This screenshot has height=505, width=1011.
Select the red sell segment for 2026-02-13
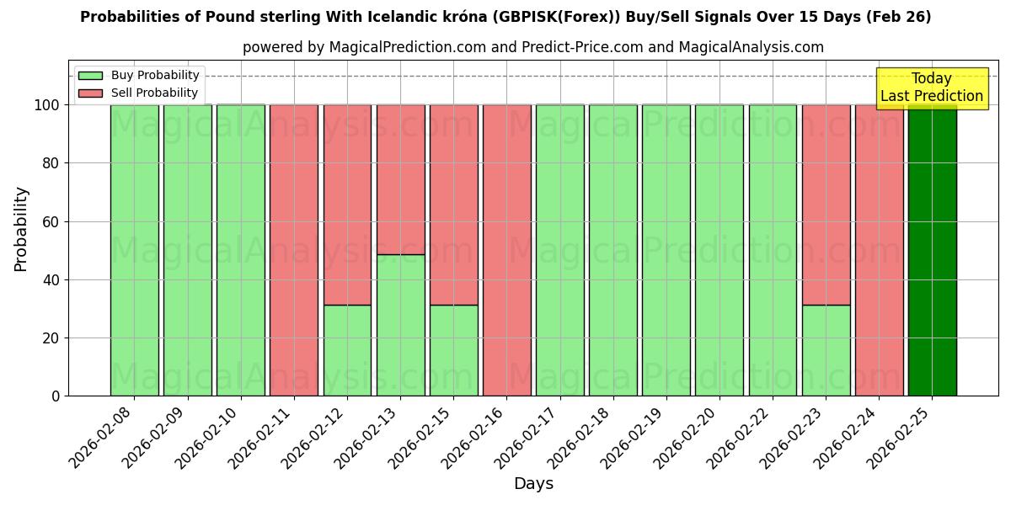(400, 179)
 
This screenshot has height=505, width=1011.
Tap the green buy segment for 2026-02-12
(347, 350)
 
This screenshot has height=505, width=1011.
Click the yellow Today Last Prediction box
(932, 88)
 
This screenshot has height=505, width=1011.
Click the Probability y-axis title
(21, 229)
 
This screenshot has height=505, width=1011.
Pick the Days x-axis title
(533, 484)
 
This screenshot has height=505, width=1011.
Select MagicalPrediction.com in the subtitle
(405, 48)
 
